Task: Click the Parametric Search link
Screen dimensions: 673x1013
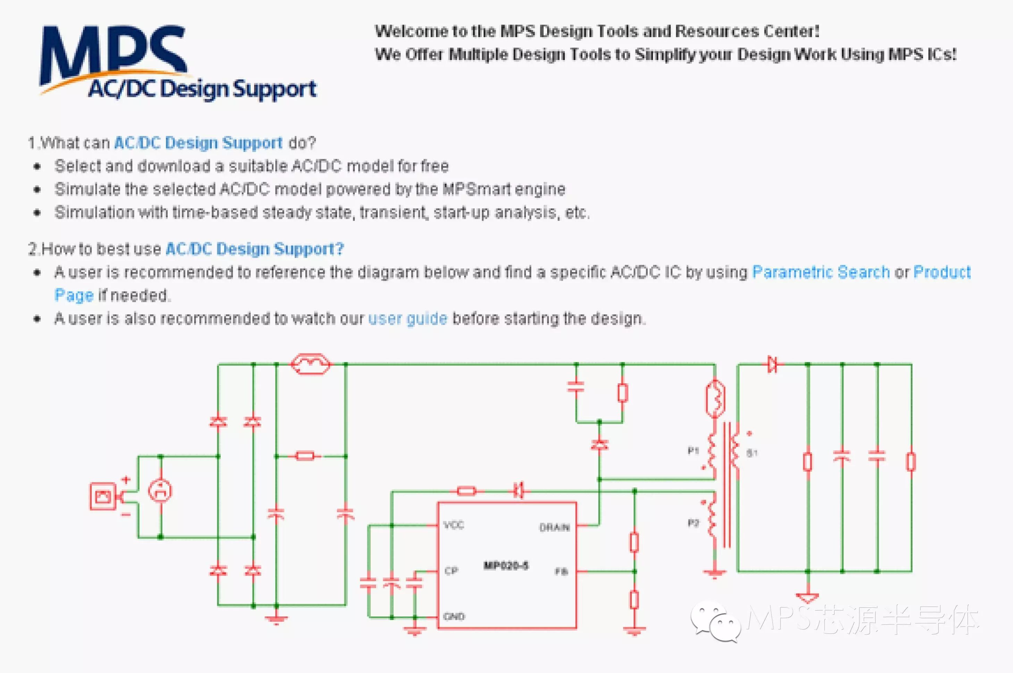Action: coord(821,272)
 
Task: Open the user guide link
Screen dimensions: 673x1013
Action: coord(408,318)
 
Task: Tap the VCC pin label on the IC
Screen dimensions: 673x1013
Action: coord(453,525)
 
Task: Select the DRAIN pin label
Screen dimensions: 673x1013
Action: coord(554,527)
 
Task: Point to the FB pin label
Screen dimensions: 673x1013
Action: coord(561,571)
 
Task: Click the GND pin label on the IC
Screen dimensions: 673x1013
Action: coord(454,617)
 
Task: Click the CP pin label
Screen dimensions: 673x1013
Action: coord(451,570)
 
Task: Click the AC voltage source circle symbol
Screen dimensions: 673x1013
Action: coord(160,491)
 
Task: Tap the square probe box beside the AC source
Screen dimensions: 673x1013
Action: coord(103,496)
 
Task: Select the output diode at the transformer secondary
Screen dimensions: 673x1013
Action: coord(772,364)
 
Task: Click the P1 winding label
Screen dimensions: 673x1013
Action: coord(693,451)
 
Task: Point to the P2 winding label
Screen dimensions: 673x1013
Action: coord(693,523)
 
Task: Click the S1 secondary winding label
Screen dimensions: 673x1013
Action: coord(752,453)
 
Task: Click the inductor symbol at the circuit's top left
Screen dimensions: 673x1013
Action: coord(310,364)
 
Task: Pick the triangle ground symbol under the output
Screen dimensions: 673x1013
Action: coord(807,597)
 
